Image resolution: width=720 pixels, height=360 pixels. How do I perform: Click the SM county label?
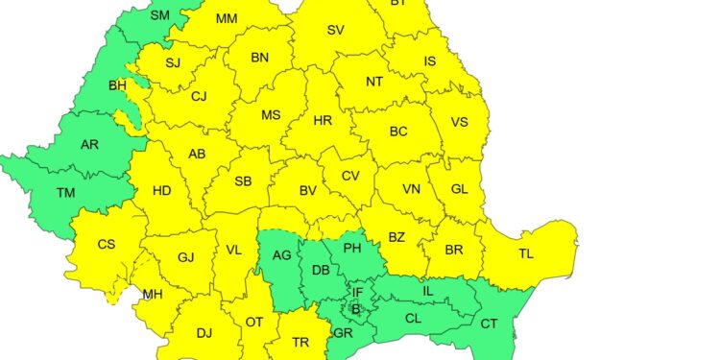160,15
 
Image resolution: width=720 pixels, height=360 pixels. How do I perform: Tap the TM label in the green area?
65,193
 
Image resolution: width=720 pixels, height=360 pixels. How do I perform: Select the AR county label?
89,145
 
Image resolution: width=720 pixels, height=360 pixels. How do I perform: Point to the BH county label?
117,85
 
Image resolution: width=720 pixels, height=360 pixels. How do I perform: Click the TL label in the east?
526,254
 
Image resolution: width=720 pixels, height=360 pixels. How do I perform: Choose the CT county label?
489,324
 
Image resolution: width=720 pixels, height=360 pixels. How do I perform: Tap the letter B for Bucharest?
355,309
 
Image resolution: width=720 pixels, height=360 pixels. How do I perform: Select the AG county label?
281,255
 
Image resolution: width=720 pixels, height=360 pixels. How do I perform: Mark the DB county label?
321,271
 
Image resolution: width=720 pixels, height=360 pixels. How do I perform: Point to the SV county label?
335,30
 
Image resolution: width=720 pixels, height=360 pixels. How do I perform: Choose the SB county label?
243,181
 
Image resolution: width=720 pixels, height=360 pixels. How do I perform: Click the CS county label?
106,244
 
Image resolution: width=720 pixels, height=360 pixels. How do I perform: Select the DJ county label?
204,333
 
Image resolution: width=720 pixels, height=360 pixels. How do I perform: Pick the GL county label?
460,189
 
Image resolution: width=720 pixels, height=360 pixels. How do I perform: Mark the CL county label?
413,317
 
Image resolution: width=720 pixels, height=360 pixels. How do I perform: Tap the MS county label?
272,115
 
